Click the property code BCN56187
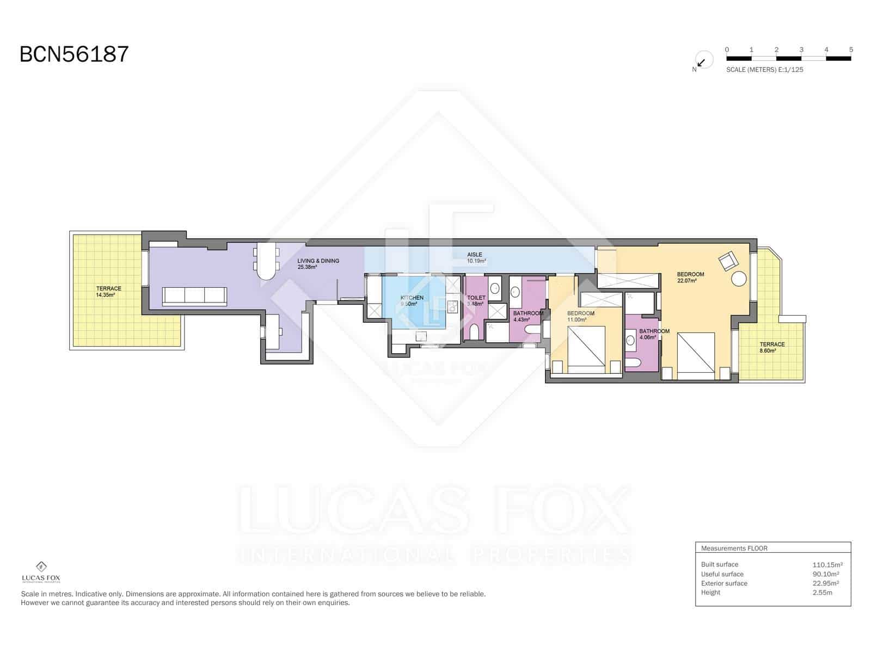74,54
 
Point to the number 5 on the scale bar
851,50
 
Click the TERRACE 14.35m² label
108,292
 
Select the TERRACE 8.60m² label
772,347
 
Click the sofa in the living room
194,296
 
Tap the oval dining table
266,260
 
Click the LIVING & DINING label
318,264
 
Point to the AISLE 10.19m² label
476,257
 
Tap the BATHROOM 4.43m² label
527,316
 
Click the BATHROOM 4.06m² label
654,334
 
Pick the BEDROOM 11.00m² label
580,316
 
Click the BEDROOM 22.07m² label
690,277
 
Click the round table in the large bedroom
739,279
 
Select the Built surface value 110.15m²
827,565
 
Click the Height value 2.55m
822,593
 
